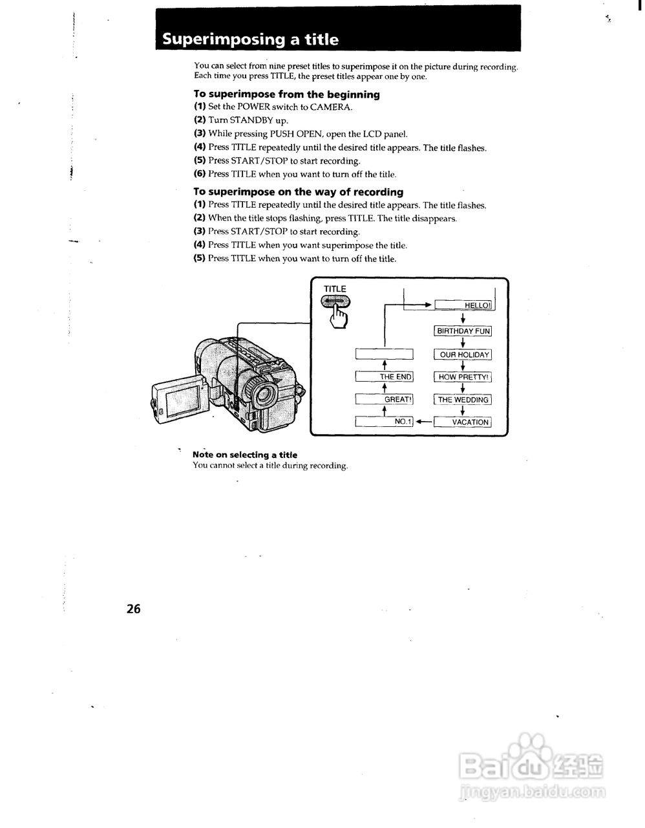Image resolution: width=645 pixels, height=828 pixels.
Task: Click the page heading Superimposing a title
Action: click(250, 39)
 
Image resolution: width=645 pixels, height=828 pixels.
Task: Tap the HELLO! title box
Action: click(463, 305)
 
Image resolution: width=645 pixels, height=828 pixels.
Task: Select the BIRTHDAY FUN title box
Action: click(463, 331)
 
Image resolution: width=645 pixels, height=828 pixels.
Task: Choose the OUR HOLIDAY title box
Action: click(463, 354)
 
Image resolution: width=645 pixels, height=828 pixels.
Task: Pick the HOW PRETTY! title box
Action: click(463, 377)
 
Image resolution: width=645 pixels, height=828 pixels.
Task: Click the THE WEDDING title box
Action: click(463, 400)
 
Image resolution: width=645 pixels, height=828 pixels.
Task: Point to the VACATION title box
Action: click(463, 422)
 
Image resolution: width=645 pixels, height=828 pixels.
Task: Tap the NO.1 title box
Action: click(385, 422)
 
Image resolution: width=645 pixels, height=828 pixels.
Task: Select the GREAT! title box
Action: click(385, 400)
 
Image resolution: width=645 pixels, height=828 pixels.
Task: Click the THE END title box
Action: click(385, 377)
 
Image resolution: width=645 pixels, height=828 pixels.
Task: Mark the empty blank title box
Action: click(385, 354)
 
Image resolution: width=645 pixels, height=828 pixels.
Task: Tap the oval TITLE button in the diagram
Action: click(335, 301)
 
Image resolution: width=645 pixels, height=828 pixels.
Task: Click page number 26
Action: click(134, 608)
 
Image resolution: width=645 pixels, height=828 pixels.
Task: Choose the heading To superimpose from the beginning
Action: click(287, 94)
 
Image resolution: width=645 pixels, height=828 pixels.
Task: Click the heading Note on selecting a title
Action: click(245, 455)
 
